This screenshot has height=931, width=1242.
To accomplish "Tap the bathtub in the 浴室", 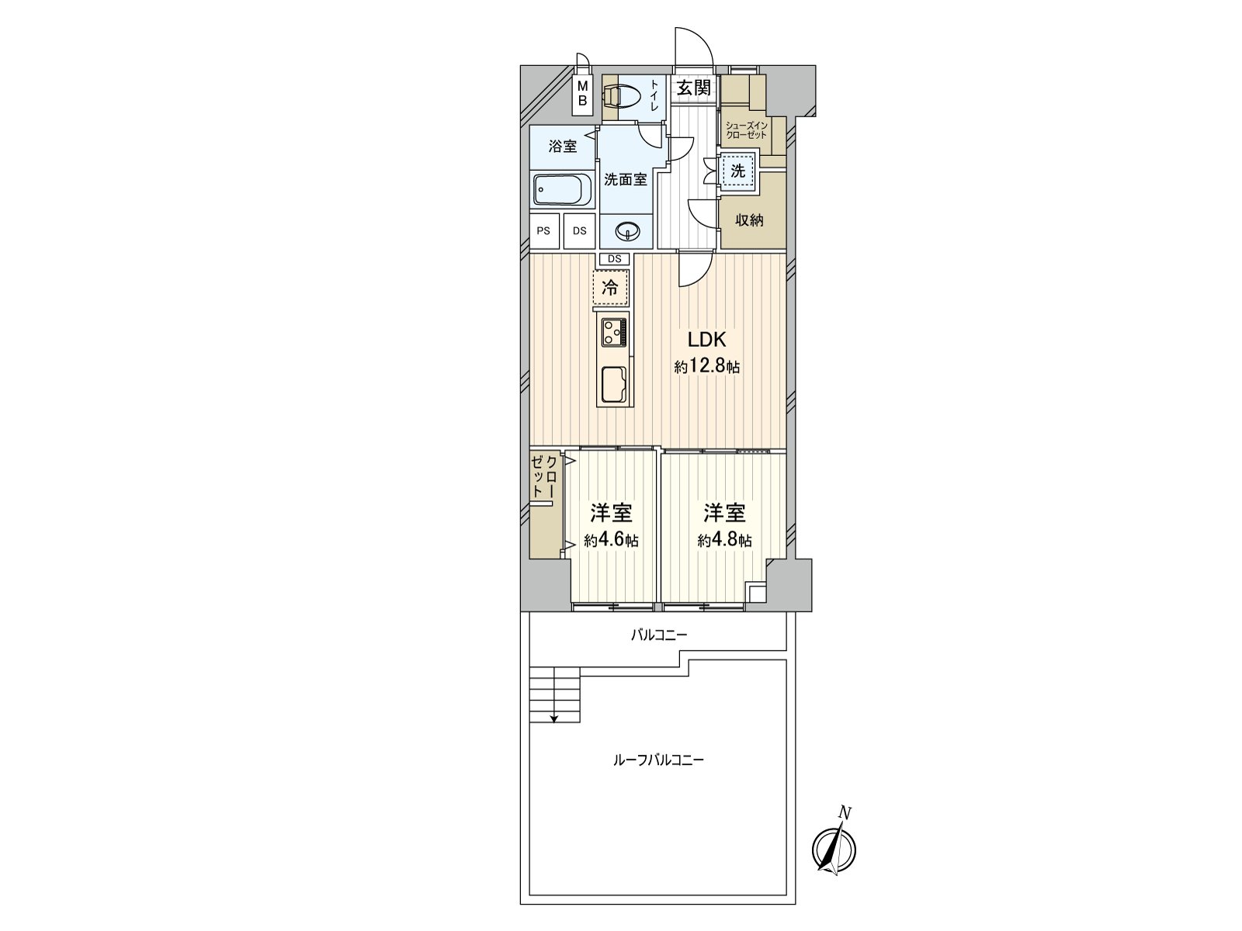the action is pos(563,191).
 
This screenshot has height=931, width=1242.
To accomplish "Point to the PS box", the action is pos(544,230).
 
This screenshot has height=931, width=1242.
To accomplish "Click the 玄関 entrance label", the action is pos(694,88).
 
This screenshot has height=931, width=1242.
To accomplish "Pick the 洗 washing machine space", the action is pos(738,170).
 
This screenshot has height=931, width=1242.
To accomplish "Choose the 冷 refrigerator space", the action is pos(611,289).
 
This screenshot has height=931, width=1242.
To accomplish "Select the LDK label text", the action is pos(706,340).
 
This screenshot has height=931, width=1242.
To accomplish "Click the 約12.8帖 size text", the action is pos(706,367).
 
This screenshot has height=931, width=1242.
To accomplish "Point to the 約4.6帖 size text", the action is pos(611,541).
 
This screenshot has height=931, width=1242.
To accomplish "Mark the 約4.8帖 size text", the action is pos(724,541).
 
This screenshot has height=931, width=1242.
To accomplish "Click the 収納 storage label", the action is pos(749,220).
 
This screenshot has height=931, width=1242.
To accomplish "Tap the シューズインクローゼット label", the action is pos(746,130).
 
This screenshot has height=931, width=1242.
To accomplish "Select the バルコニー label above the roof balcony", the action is pos(659,635).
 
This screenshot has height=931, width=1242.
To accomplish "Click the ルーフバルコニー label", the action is pos(658,760).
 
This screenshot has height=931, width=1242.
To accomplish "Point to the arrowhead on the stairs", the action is pos(554,718).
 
